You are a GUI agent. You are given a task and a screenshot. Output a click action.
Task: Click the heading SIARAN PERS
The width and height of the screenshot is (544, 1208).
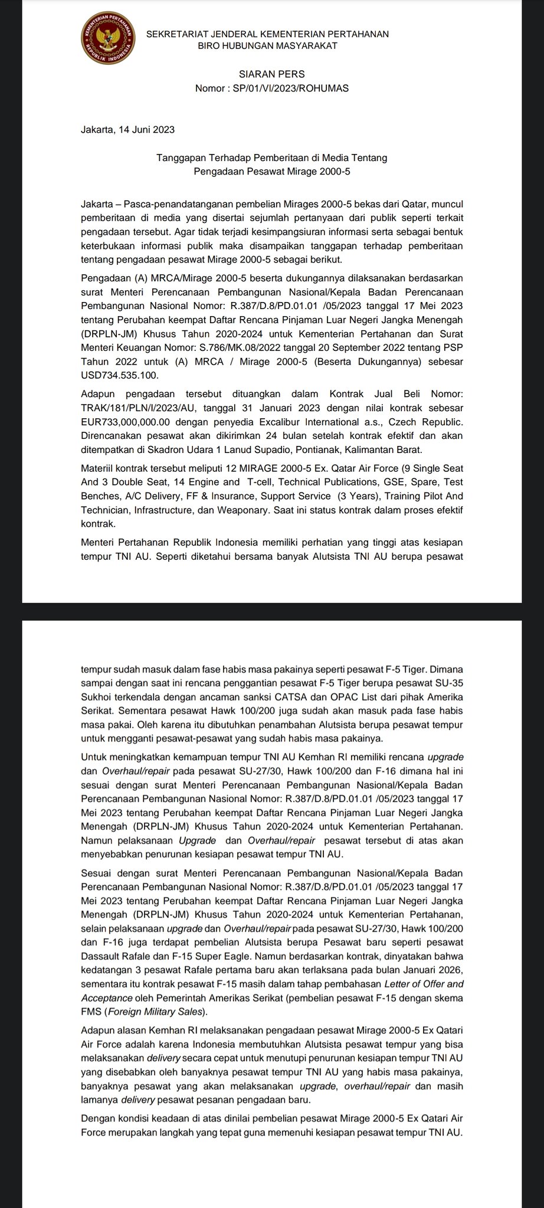[x=271, y=74]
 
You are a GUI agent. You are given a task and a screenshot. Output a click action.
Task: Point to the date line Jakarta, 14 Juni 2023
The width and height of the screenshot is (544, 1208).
[x=127, y=130]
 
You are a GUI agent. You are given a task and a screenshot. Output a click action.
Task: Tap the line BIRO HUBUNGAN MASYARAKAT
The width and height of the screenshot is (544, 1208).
[x=267, y=46]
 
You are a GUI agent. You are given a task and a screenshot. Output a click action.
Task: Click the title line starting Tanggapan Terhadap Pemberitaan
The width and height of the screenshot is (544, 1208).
[x=271, y=157]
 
